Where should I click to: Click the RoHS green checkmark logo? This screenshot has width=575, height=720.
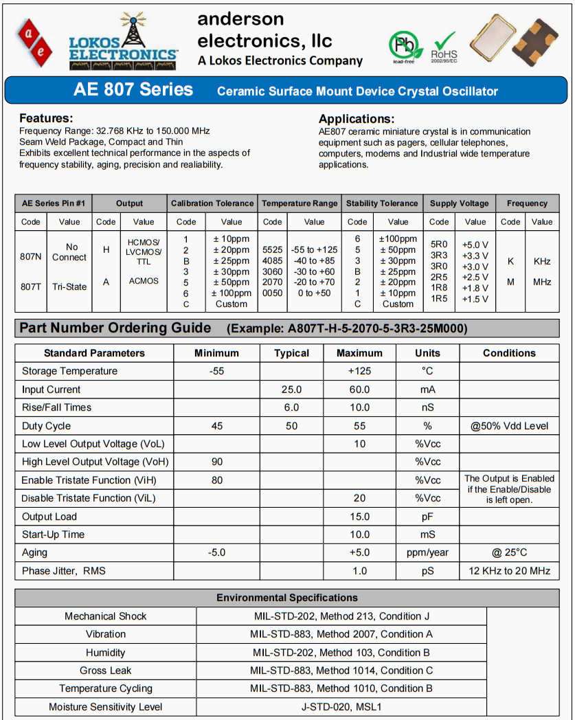click(x=444, y=43)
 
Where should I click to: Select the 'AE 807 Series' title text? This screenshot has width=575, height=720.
click(x=133, y=90)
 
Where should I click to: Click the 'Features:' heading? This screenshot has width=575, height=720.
click(x=46, y=118)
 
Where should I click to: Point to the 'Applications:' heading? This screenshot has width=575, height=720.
click(x=356, y=119)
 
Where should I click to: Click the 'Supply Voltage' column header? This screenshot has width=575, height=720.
click(x=459, y=203)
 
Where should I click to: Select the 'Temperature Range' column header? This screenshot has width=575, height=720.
click(x=300, y=203)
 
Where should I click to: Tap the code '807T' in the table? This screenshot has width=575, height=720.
click(x=31, y=286)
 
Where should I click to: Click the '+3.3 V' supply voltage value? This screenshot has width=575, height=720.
click(x=475, y=256)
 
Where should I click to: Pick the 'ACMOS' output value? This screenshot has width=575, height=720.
click(x=144, y=281)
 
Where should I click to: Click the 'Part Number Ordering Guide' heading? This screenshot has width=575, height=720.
click(x=115, y=328)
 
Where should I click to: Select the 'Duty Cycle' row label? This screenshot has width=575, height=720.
click(x=46, y=426)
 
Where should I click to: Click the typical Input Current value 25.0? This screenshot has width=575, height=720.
click(x=291, y=390)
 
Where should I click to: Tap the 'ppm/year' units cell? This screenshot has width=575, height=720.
click(x=427, y=552)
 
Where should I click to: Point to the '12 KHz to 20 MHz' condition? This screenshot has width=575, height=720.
click(x=510, y=571)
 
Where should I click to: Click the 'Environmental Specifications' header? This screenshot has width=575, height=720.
click(x=287, y=598)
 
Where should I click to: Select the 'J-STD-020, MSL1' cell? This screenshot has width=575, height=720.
click(x=341, y=706)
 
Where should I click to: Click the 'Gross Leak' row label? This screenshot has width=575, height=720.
click(x=106, y=671)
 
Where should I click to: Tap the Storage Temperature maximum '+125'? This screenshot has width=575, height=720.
click(x=359, y=371)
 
